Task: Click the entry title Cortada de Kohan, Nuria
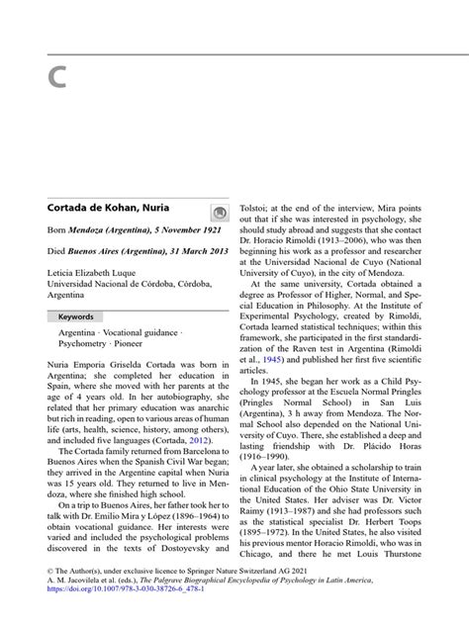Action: point(108,211)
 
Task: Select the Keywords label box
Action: point(75,316)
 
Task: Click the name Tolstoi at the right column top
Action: point(257,211)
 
